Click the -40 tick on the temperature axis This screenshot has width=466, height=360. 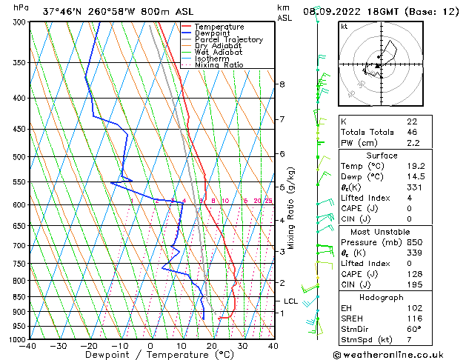pos(28,345)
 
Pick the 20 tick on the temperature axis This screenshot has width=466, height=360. pos(212,345)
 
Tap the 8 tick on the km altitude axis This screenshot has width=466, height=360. pos(282,84)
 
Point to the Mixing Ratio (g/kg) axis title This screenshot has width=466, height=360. pos(292,208)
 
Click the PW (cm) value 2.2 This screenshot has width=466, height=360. pos(413,143)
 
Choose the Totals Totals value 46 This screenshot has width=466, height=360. pos(413,132)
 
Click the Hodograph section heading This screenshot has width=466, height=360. pos(382,297)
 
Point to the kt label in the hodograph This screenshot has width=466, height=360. pos(344,27)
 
